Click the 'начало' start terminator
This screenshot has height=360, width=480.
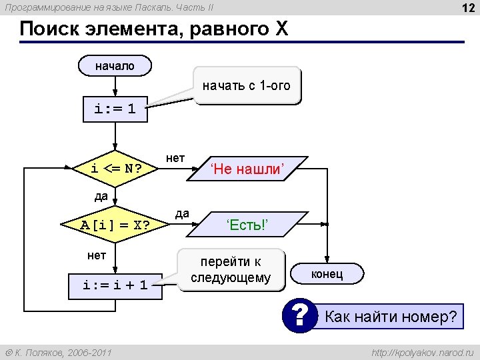coord(115,65)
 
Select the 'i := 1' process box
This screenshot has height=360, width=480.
coord(115,109)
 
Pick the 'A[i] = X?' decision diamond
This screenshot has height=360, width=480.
coord(115,225)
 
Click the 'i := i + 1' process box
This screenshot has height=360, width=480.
coord(115,285)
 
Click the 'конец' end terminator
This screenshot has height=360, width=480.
coord(327,273)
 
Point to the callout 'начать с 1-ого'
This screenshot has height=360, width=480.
coord(247,86)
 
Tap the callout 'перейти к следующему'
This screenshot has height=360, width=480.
coord(231,269)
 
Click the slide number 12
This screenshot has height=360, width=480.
coord(467,7)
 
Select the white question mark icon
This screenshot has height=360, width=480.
coord(299,315)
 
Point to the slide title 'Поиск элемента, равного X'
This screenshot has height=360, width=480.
coord(154,29)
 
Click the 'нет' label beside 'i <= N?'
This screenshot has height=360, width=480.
coord(175,158)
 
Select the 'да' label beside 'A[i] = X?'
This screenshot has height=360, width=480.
coord(181,213)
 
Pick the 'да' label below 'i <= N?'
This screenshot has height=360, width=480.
coord(101,196)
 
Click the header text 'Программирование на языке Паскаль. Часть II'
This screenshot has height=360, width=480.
coord(109,7)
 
